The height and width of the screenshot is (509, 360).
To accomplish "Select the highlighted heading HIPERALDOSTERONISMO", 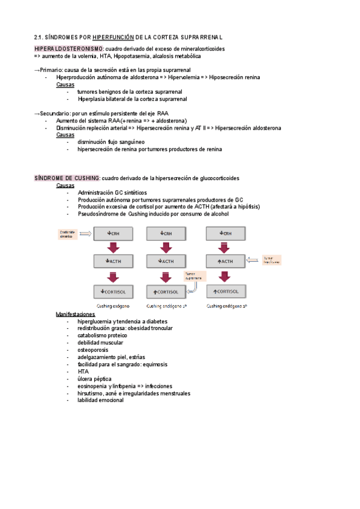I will tap(69, 49).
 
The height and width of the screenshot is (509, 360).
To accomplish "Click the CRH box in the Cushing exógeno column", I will tap(113, 233).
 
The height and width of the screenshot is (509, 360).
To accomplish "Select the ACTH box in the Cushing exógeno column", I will tap(113, 261).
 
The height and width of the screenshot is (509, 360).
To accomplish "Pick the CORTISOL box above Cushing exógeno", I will tap(113, 291).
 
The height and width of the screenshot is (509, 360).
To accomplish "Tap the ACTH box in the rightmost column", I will tap(224, 261).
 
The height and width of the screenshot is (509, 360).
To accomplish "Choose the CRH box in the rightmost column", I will tap(224, 233).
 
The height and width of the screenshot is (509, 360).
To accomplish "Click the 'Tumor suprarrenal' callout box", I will tap(194, 276).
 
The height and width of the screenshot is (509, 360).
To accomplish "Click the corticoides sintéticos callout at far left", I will tap(69, 233).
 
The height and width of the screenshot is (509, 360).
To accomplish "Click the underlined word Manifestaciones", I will tap(75, 315).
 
